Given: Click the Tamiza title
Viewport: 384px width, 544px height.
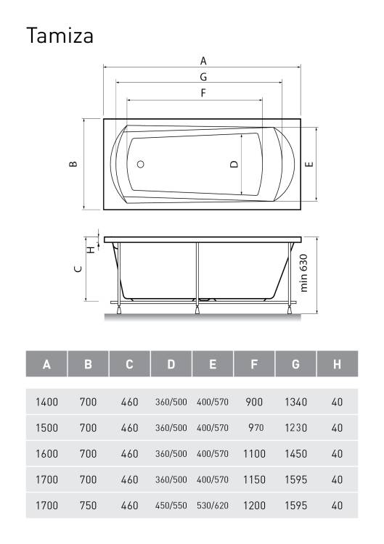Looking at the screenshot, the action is (60, 36).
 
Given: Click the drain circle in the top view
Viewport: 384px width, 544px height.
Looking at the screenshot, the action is (141, 164).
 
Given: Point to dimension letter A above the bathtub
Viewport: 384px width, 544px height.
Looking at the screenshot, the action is (203, 61).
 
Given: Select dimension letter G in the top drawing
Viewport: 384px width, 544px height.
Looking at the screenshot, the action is (203, 77).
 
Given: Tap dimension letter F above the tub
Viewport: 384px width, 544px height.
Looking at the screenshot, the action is (203, 93).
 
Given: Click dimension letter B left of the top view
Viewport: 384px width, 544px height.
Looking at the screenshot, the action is (73, 164).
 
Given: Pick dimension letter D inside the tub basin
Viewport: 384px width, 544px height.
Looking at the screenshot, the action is (234, 164).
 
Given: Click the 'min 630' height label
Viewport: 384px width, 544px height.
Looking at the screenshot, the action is (303, 273).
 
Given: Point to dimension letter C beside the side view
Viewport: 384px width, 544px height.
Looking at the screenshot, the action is (79, 268).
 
